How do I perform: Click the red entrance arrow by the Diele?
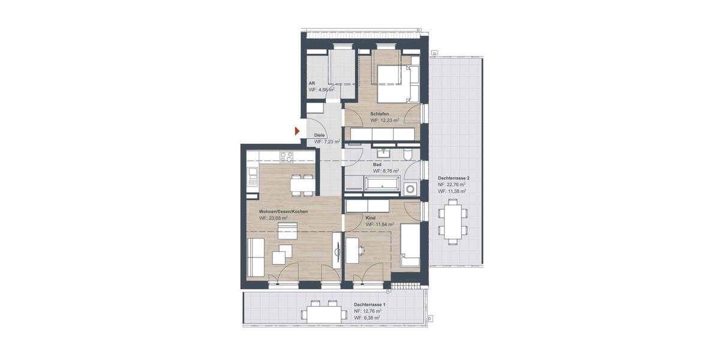[x=297, y=130]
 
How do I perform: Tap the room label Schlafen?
[x=380, y=113]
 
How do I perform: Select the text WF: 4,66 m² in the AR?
[x=322, y=89]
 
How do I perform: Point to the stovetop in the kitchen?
[x=286, y=157]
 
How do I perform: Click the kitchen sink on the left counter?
[x=252, y=176]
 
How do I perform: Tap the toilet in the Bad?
[x=409, y=154]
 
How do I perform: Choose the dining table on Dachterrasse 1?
[x=323, y=313]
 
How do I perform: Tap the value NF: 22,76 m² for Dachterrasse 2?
[x=452, y=185]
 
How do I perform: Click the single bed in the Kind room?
[x=410, y=245]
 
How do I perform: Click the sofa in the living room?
[x=254, y=256]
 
